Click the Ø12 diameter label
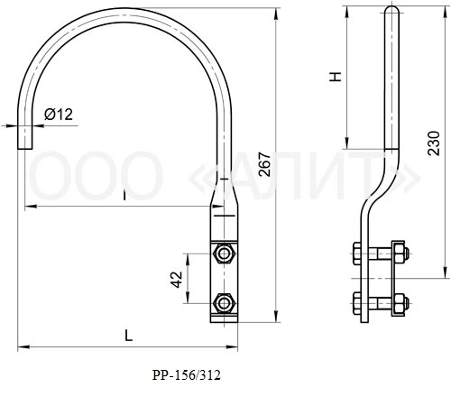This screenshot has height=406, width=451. (59, 115)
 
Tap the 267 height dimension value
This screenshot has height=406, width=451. (265, 164)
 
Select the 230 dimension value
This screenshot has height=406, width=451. (434, 143)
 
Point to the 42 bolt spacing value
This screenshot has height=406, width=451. (176, 280)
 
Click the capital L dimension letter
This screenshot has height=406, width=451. (129, 336)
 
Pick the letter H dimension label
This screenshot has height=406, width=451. (336, 77)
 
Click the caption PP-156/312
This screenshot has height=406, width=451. (187, 375)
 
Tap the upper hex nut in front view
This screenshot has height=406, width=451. (224, 254)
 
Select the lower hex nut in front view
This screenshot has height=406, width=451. (224, 303)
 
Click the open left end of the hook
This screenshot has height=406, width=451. (24, 148)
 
